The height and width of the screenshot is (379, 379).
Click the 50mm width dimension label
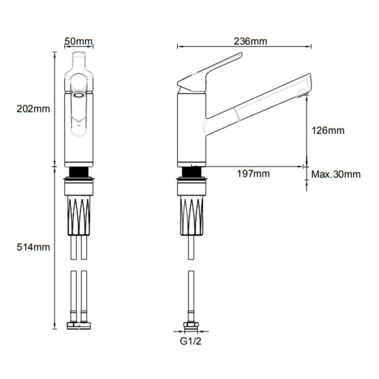(79, 41)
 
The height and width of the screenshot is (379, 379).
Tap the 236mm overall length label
(250, 41)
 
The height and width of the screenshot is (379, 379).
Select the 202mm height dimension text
(33, 109)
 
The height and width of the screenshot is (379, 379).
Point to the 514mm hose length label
(33, 247)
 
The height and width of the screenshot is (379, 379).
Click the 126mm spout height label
(328, 131)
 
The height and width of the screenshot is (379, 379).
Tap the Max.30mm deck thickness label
(336, 174)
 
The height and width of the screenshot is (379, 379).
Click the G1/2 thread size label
(191, 341)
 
